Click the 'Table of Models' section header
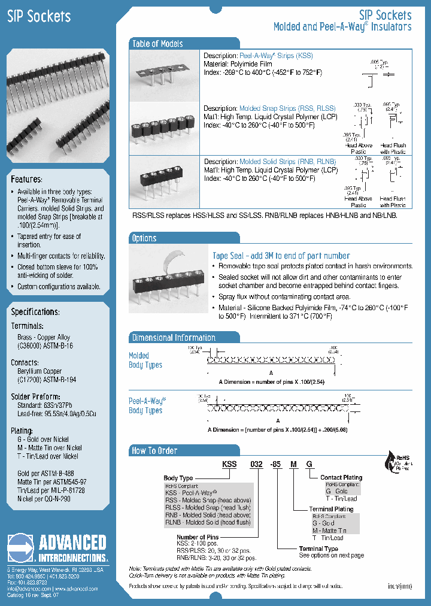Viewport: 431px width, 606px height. click(x=157, y=44)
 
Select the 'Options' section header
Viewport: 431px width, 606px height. click(x=144, y=238)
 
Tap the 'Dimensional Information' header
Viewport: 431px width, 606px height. click(x=174, y=338)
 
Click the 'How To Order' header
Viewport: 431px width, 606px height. click(x=154, y=451)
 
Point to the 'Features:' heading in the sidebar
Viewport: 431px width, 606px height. click(x=27, y=180)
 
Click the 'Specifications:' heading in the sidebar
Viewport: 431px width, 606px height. click(x=35, y=313)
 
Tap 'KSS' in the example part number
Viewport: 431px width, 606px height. click(x=230, y=465)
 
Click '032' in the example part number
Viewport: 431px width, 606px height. click(x=256, y=465)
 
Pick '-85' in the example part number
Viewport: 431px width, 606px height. click(x=276, y=465)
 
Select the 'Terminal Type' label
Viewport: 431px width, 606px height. click(x=318, y=549)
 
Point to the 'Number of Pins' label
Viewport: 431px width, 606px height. click(x=196, y=537)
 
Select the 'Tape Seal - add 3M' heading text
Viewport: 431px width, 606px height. click(x=281, y=256)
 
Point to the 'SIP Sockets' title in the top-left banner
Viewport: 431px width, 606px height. click(x=39, y=17)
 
